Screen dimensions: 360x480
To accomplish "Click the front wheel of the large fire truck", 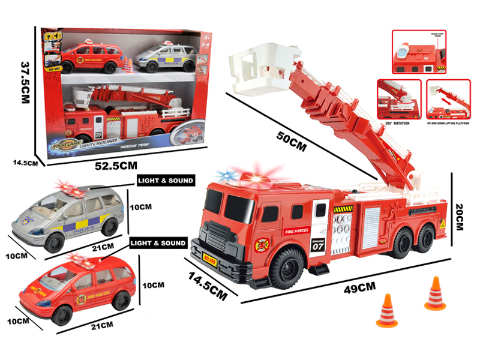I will click(286, 267).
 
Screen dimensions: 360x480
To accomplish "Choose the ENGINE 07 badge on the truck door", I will click(318, 242).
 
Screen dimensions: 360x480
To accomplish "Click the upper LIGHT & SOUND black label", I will click(166, 180).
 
